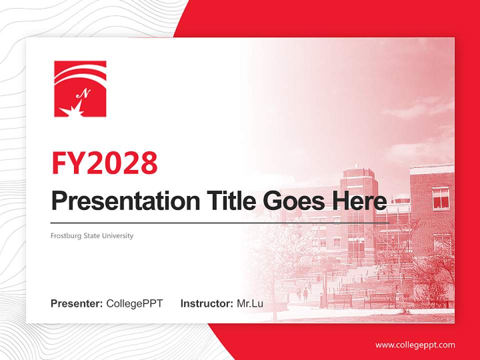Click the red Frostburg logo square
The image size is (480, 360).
80,88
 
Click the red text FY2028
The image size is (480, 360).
104,162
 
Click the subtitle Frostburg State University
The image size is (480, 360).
92,235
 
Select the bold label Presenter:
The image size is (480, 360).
77,303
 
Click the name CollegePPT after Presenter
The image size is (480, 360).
134,303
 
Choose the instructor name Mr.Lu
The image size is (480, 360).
249,303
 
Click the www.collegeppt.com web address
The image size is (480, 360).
415,344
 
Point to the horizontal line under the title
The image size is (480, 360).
220,222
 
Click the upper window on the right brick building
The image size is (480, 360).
440,198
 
